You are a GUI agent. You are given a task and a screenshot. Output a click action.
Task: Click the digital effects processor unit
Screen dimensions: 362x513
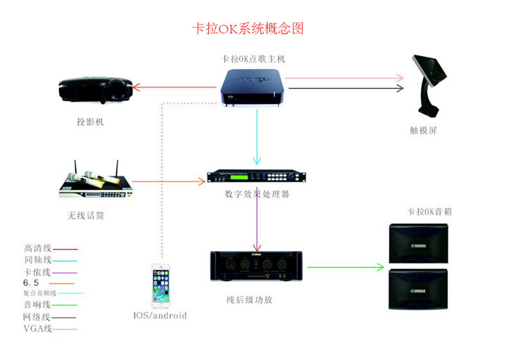coord(257,179)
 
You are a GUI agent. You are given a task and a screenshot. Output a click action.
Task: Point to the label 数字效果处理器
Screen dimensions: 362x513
coord(257,194)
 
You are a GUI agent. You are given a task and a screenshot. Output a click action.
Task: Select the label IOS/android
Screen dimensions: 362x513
coord(160,316)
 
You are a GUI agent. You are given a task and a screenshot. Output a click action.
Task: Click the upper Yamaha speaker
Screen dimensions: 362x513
coord(417,243)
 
